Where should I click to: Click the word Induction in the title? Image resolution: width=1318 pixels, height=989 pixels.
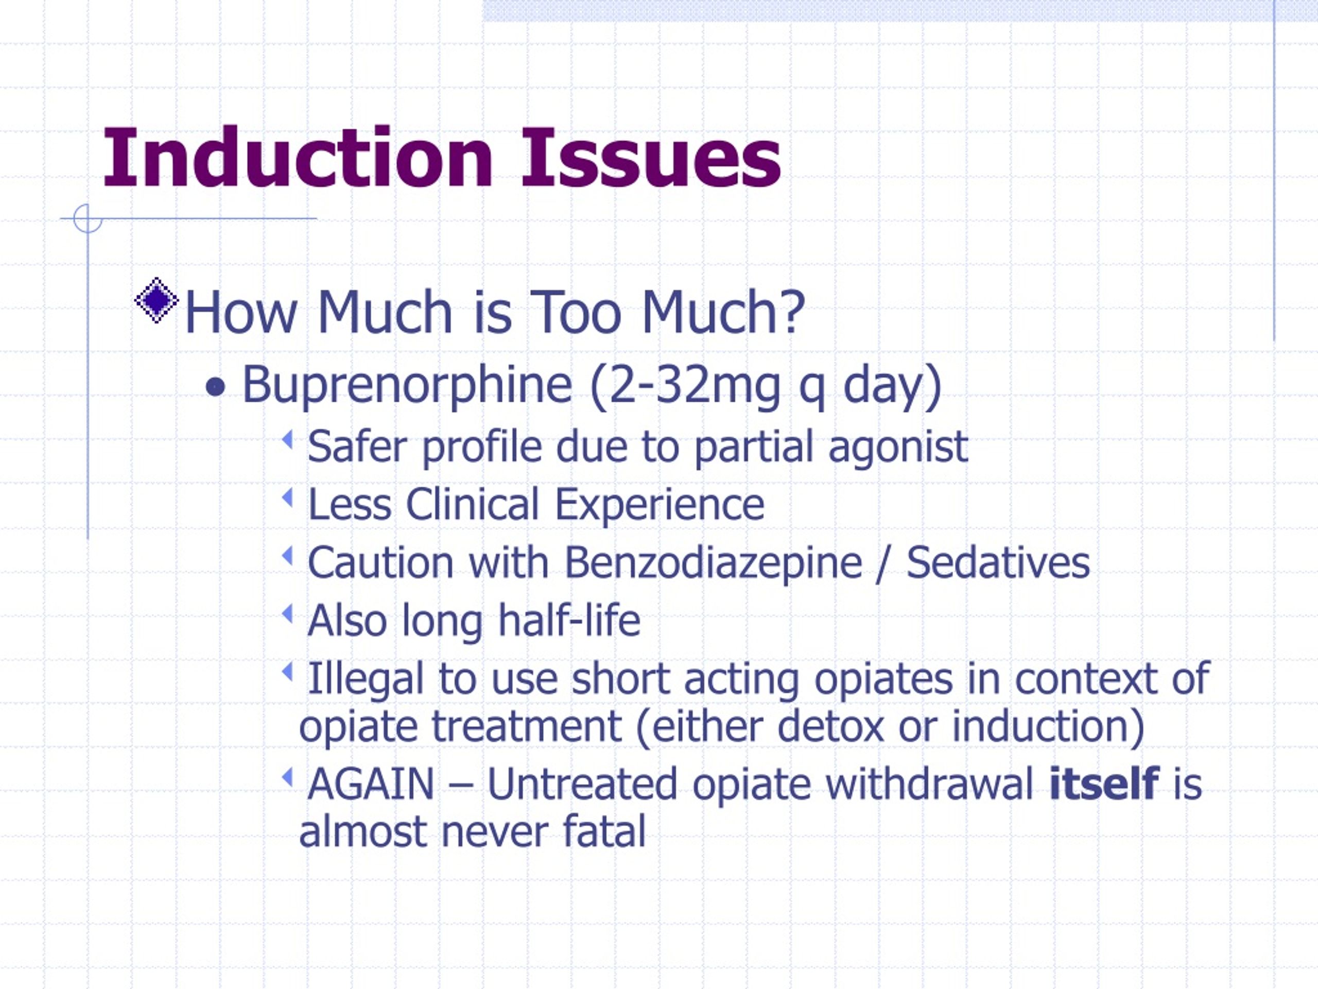coord(298,158)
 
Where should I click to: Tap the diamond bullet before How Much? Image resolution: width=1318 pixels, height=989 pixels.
coord(156,300)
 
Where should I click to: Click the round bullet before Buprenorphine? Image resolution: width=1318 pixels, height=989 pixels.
coord(215,388)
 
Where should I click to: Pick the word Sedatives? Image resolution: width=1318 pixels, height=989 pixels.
coord(997,562)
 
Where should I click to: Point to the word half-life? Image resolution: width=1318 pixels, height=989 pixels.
coord(569,620)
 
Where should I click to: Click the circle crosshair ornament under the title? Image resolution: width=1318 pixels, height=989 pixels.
coord(88,218)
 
